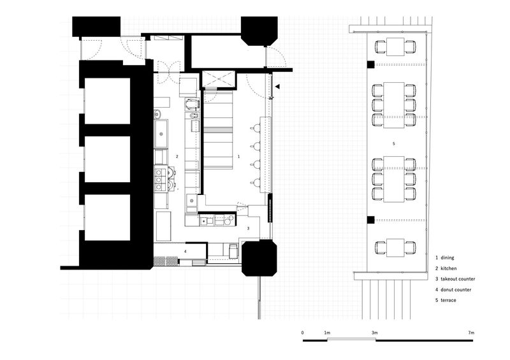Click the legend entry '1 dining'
pos(444,257)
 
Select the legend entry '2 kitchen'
pos(446,268)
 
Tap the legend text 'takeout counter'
pos(458,278)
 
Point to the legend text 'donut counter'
pos(456,289)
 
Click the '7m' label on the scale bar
pos(471,333)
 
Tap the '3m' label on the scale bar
pos(374,333)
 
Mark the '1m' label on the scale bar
pos(327,333)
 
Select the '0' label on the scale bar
pos(302,333)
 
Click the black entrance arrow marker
pos(277,87)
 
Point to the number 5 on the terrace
pos(393,143)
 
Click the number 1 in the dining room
pos(238,156)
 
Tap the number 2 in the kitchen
pos(177,156)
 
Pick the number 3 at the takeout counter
pos(248,228)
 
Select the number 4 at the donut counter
pos(185,252)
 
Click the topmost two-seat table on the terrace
pos(395,47)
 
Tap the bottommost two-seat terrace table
pos(395,248)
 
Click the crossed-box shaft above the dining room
pos(218,79)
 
